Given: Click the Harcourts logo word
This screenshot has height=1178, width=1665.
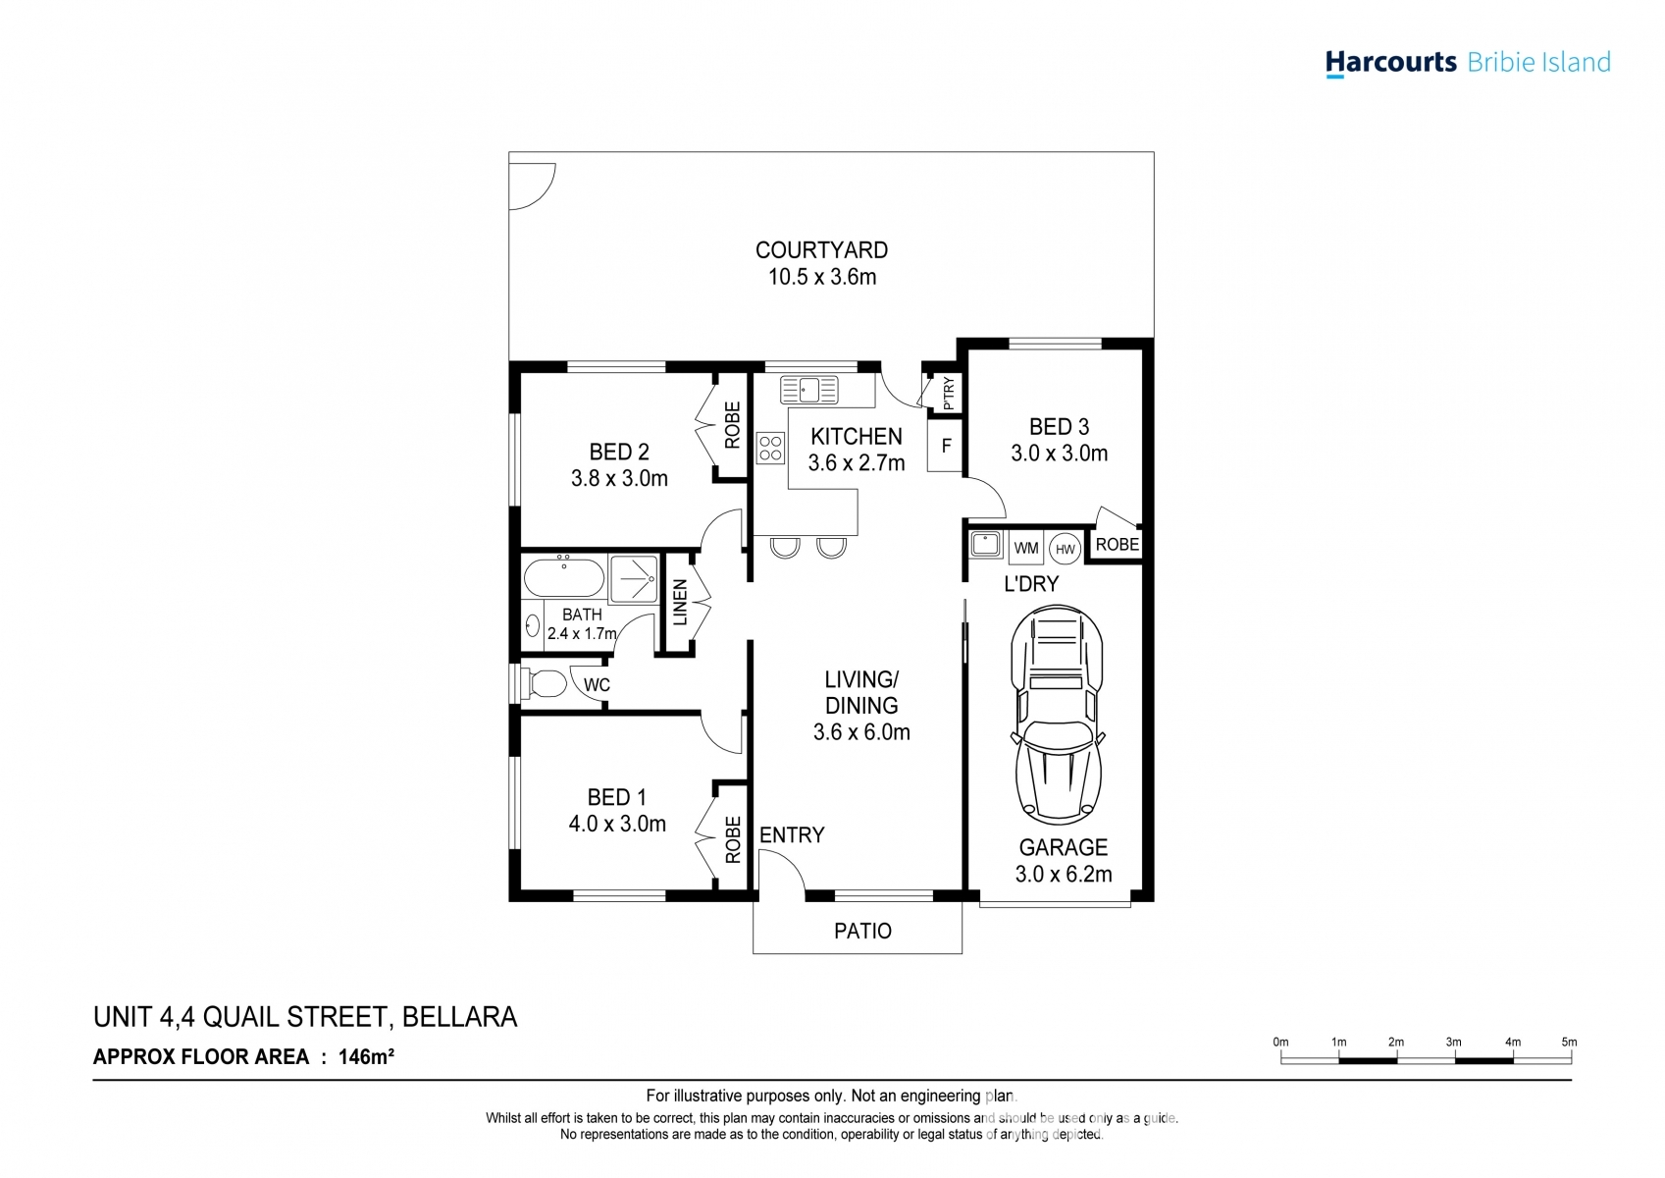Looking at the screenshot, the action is pos(1390,63).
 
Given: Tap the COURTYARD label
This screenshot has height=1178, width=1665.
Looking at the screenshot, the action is pos(821,250).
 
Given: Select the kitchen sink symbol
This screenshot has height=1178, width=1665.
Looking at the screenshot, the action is pos(808,390).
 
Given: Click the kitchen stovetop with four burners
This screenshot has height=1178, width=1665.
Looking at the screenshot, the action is pos(771,449).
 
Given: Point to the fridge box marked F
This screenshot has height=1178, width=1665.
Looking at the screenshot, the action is pos(946,446).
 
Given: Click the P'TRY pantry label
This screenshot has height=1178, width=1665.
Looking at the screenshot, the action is pos(948,394).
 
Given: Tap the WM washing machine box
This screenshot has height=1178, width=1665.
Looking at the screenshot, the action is pos(1025,548).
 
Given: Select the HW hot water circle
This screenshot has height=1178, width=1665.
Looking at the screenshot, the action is pos(1066,550).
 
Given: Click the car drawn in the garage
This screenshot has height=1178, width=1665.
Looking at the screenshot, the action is pos(1057,715).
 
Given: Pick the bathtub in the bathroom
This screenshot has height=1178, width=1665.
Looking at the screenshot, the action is pos(564,578).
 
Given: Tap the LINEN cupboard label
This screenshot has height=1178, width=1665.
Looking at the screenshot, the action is pos(680,603).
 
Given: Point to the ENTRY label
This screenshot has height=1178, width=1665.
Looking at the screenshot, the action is pos(792,835).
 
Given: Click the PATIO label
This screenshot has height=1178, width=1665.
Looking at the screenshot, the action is pos(862,931).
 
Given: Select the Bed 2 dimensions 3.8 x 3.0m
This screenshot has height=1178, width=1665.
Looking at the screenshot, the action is pos(619,478).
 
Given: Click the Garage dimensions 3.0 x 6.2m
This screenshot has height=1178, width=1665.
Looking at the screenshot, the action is pos(1064,874).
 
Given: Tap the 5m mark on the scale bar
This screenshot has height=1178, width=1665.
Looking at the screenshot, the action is pos(1569,1043).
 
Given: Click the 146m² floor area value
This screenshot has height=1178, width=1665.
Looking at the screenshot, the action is pos(366,1057).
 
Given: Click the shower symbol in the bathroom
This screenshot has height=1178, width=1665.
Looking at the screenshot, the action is pos(634,578).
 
